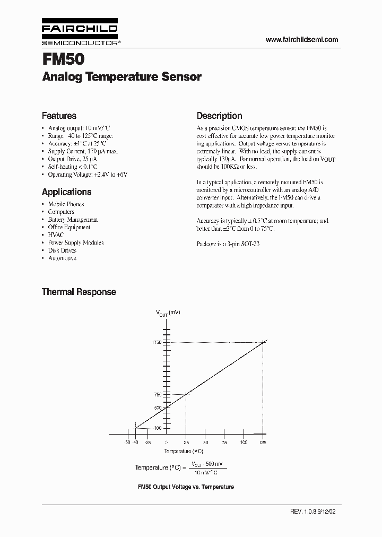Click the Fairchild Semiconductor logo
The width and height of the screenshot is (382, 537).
80,33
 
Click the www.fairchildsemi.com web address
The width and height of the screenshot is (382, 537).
301,40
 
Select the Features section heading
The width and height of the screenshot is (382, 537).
59,116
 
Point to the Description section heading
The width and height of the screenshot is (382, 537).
219,116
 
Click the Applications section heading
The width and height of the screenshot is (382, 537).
66,192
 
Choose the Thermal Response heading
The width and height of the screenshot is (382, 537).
79,292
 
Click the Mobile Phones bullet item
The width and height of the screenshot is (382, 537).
66,204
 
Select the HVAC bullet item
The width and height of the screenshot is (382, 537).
56,235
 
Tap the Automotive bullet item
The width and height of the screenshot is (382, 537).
62,258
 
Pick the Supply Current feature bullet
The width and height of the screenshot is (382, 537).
83,151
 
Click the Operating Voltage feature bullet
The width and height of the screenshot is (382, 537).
88,174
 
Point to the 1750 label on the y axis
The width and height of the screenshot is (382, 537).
157,343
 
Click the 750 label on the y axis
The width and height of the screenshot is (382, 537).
158,394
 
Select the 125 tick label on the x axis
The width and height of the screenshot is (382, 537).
263,442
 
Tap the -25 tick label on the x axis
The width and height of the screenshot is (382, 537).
147,442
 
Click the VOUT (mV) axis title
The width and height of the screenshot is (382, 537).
168,313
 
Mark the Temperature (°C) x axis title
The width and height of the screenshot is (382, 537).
184,451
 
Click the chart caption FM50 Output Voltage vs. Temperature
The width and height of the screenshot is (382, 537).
186,487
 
